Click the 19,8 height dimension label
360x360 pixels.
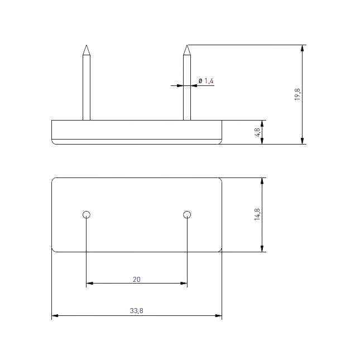[x=297, y=94]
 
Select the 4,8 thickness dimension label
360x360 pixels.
[x=257, y=132]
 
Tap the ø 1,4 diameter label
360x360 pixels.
[x=206, y=81]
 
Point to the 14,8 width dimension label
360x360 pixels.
[x=257, y=214]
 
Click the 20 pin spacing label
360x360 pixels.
[x=137, y=279]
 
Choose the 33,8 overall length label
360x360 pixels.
[x=136, y=311]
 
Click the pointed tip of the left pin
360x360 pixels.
[x=87, y=45]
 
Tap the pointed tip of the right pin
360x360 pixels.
[x=187, y=45]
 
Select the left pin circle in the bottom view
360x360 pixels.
[x=87, y=211]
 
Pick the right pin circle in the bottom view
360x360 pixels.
[x=187, y=211]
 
